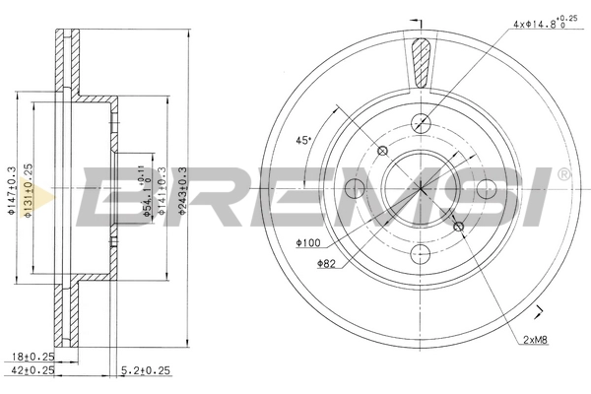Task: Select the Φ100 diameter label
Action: [x=306, y=242]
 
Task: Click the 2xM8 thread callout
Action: [x=537, y=340]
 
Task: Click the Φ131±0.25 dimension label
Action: [x=32, y=186]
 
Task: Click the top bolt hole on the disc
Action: [x=422, y=123]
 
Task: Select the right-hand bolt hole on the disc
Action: [x=486, y=188]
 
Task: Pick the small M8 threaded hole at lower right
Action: [x=458, y=228]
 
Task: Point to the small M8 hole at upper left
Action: [x=384, y=150]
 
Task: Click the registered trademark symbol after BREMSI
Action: [x=562, y=175]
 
